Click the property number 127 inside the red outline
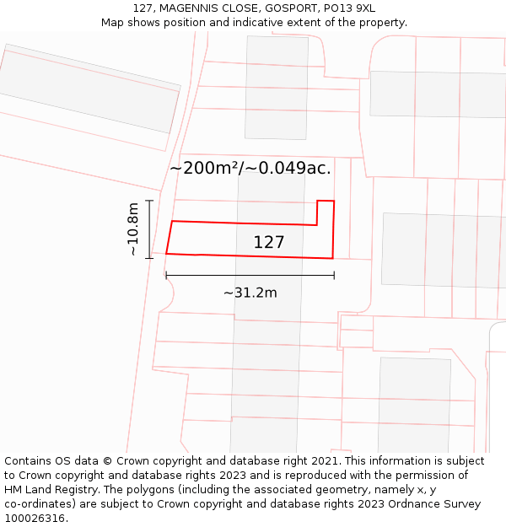[269, 243]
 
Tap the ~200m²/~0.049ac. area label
[250, 168]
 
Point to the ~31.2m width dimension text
[250, 293]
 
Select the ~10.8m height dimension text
[132, 229]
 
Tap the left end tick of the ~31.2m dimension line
[166, 275]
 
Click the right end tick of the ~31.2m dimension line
[334, 275]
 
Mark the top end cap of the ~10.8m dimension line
[149, 201]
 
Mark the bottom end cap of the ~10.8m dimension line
[149, 257]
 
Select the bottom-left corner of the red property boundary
[166, 253]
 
